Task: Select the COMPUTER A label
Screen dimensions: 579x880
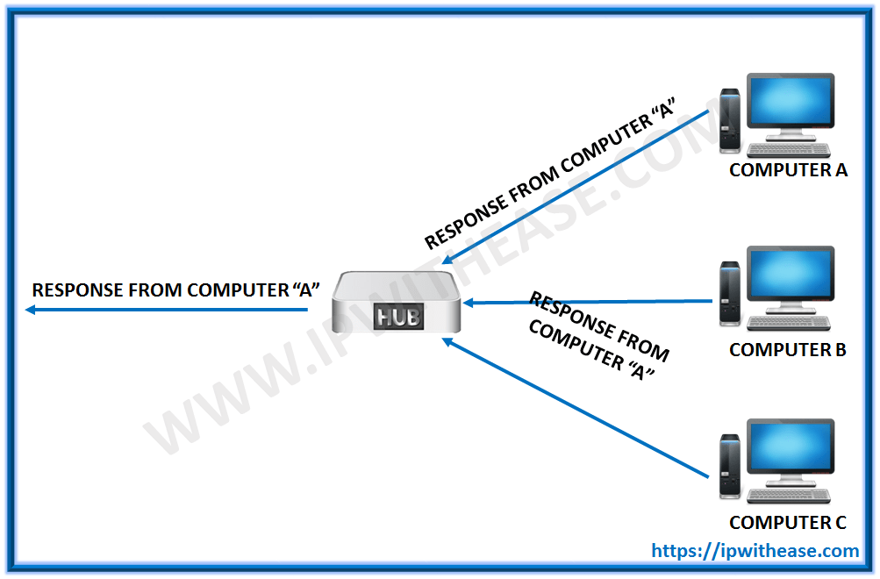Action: (788, 170)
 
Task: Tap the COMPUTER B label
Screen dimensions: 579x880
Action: (787, 350)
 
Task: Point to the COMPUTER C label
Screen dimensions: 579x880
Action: (787, 523)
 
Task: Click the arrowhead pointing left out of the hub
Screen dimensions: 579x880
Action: (31, 311)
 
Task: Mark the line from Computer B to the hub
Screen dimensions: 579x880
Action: (588, 302)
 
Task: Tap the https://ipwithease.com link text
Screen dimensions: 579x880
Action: (755, 551)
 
